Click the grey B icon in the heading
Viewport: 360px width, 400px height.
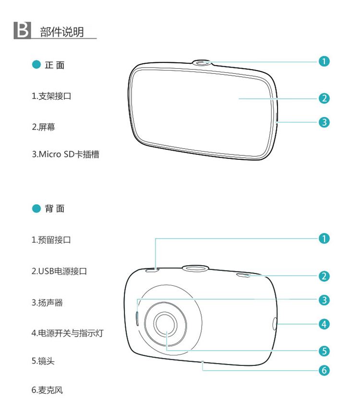click(22, 30)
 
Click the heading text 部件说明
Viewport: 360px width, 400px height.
click(62, 32)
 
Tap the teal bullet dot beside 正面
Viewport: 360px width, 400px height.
click(36, 64)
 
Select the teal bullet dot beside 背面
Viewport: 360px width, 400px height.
click(36, 208)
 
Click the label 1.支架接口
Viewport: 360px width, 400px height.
click(51, 96)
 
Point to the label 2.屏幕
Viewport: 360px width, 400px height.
click(43, 127)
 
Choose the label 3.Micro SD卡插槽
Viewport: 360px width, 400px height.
click(65, 154)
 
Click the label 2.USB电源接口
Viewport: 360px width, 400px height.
click(59, 271)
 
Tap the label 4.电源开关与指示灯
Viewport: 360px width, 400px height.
click(67, 333)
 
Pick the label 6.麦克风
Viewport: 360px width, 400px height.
click(47, 390)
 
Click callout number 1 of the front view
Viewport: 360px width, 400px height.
click(324, 61)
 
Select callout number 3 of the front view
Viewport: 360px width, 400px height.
click(324, 122)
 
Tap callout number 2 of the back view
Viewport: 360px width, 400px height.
click(324, 276)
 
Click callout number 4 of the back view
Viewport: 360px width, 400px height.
click(324, 324)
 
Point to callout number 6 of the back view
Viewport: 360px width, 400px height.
click(324, 370)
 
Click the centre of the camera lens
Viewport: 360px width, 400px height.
click(166, 325)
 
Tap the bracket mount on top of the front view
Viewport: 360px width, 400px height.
click(202, 63)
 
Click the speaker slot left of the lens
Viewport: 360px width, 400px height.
click(137, 318)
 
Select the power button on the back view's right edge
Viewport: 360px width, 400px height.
click(275, 324)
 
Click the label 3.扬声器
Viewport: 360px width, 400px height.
click(47, 303)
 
